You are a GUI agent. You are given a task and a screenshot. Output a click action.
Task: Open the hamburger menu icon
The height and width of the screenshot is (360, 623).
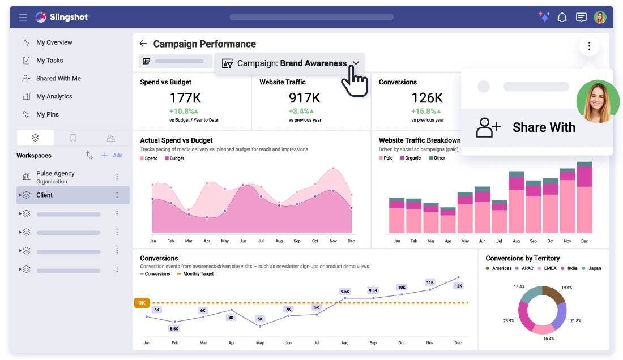[23, 18]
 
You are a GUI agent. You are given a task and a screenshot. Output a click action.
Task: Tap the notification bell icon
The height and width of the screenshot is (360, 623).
[562, 18]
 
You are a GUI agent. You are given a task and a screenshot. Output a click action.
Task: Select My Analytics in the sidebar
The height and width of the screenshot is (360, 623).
[54, 96]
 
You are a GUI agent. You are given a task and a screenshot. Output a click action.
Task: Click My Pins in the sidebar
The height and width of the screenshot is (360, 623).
[48, 114]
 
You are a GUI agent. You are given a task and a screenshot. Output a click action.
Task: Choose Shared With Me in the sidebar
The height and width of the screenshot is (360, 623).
[58, 78]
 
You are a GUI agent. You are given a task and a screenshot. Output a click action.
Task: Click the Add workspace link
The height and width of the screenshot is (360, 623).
[112, 155]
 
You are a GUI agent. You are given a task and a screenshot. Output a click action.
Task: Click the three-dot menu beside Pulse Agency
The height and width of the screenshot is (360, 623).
[117, 177]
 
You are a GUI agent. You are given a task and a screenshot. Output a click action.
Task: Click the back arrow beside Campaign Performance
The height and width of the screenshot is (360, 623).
[143, 44]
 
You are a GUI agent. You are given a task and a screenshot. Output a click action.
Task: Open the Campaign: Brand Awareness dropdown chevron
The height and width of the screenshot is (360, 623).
[356, 63]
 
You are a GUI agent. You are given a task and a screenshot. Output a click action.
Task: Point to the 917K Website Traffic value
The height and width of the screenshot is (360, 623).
[305, 98]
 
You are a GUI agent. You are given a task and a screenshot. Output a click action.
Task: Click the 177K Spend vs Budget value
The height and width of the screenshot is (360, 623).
[185, 98]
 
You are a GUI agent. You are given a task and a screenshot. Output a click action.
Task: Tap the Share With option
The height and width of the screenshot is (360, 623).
[543, 127]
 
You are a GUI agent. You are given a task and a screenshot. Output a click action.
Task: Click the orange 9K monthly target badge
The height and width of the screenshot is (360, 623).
[142, 303]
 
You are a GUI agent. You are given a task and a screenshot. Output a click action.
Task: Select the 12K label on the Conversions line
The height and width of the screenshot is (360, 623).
[458, 286]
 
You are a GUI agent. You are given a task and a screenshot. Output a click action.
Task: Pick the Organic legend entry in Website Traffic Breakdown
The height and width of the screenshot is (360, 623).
[412, 158]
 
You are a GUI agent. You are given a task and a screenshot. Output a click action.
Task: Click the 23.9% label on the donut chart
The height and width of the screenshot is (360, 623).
[509, 320]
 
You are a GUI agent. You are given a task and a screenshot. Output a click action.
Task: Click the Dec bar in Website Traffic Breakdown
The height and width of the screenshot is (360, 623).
[584, 198]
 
